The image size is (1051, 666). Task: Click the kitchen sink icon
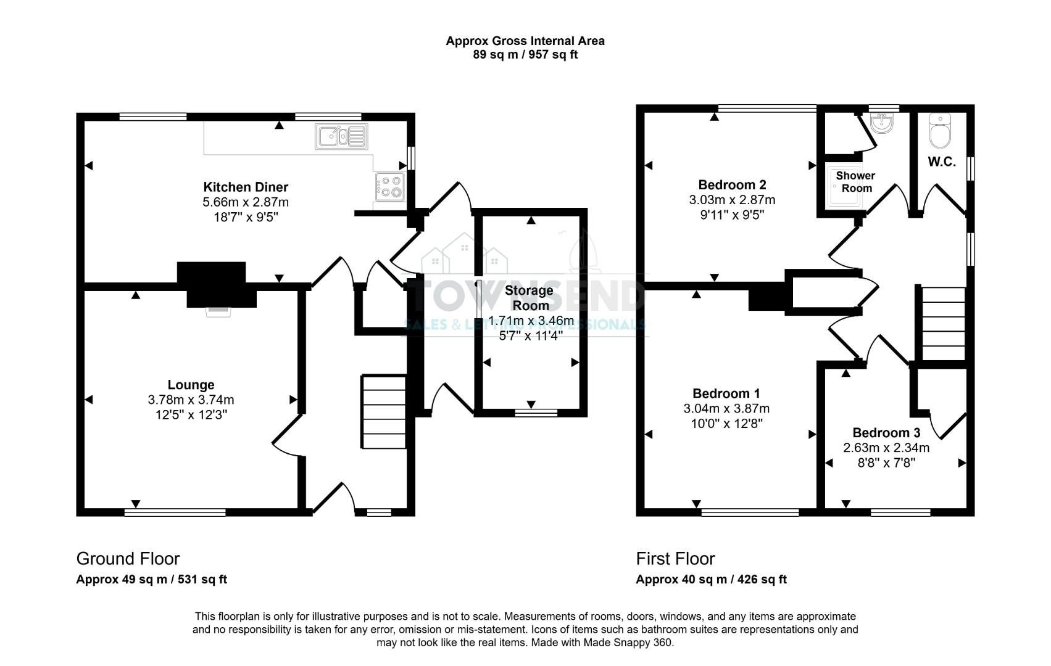click(341, 136)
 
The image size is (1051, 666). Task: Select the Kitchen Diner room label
click(246, 187)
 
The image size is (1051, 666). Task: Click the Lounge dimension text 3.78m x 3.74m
click(191, 400)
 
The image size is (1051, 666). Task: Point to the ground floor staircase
click(383, 411)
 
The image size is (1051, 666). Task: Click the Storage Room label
click(529, 297)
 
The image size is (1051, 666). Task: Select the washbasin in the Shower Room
click(883, 123)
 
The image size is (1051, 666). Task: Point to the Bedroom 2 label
click(732, 184)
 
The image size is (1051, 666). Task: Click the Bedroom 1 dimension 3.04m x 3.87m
click(726, 408)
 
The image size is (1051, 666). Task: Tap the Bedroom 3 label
click(886, 433)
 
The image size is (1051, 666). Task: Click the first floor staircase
click(943, 324)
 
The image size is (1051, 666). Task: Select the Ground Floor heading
click(128, 559)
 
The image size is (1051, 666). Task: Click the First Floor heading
click(675, 559)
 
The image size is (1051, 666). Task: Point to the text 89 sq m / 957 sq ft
click(525, 54)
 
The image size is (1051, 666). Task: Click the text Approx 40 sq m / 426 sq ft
click(711, 580)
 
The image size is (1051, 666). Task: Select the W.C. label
click(942, 162)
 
